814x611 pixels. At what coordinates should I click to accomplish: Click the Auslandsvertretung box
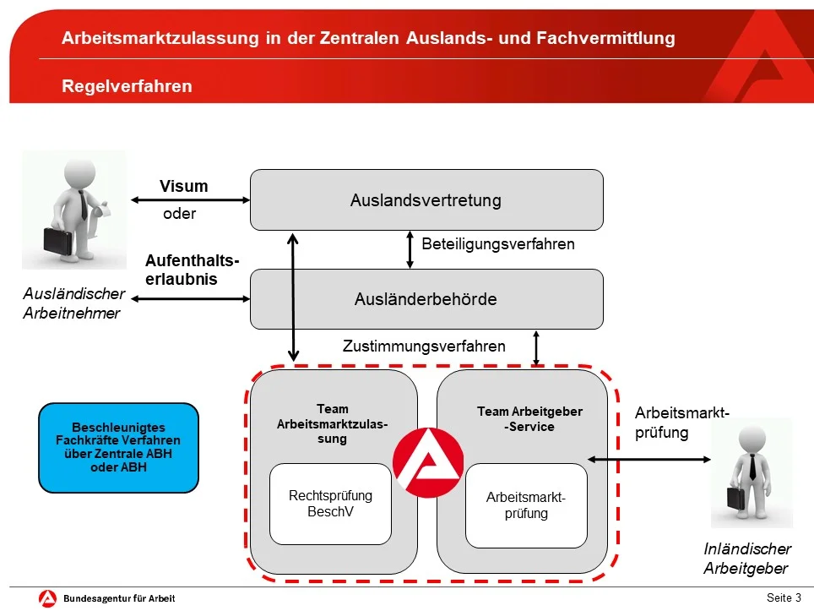click(426, 200)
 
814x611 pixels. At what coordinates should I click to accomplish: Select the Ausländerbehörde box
click(426, 299)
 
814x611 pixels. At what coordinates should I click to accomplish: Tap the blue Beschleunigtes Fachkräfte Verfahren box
click(118, 447)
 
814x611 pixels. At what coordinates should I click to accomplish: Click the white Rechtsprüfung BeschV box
click(330, 504)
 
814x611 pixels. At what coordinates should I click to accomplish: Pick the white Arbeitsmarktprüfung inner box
click(526, 505)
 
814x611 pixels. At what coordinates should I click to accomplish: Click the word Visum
click(183, 187)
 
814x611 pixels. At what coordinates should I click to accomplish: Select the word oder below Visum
click(179, 214)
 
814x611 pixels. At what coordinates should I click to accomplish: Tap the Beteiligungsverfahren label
click(497, 244)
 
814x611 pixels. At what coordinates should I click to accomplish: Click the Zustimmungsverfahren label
click(424, 346)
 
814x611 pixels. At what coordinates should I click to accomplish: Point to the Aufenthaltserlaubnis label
click(192, 270)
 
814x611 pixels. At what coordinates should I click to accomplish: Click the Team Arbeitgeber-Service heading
click(529, 419)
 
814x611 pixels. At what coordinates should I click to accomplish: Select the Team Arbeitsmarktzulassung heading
click(332, 423)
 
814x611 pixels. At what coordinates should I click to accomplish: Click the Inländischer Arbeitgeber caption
click(747, 559)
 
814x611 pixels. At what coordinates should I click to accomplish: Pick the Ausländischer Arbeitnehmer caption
click(73, 304)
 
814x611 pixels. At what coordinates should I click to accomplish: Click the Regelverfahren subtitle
click(127, 86)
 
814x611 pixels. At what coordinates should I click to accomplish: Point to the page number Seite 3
click(784, 597)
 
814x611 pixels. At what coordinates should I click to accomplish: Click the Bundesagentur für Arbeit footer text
click(119, 598)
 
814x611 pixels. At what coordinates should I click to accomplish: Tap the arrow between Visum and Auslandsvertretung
click(191, 201)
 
